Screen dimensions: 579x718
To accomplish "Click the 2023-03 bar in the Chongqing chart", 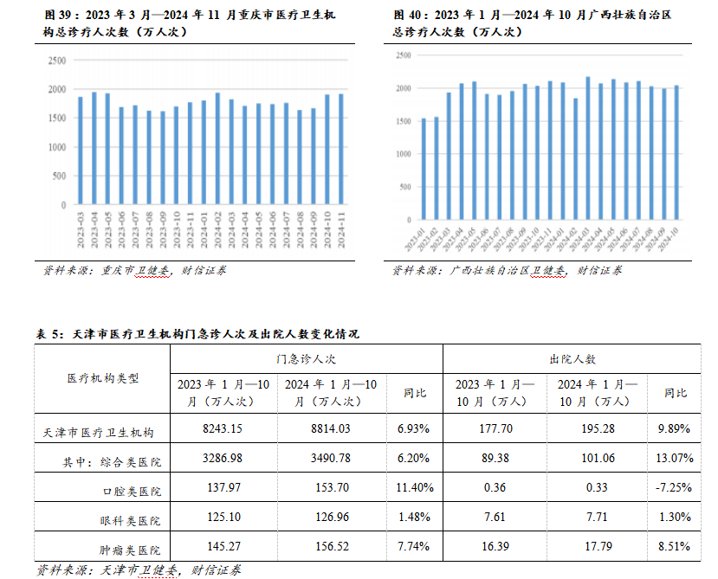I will point(81,151).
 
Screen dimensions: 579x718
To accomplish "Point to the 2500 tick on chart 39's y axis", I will point(57,61).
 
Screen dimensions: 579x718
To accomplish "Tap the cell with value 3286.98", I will point(222,458).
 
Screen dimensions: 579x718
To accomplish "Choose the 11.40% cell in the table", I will point(414,488).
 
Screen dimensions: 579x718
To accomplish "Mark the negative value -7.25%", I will point(674,488).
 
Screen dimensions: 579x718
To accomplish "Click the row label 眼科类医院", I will point(130,521).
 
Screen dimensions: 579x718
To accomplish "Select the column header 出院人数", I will point(572,357).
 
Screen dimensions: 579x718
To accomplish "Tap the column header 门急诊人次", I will point(306,357).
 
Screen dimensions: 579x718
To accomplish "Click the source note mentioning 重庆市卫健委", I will point(135,271).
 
